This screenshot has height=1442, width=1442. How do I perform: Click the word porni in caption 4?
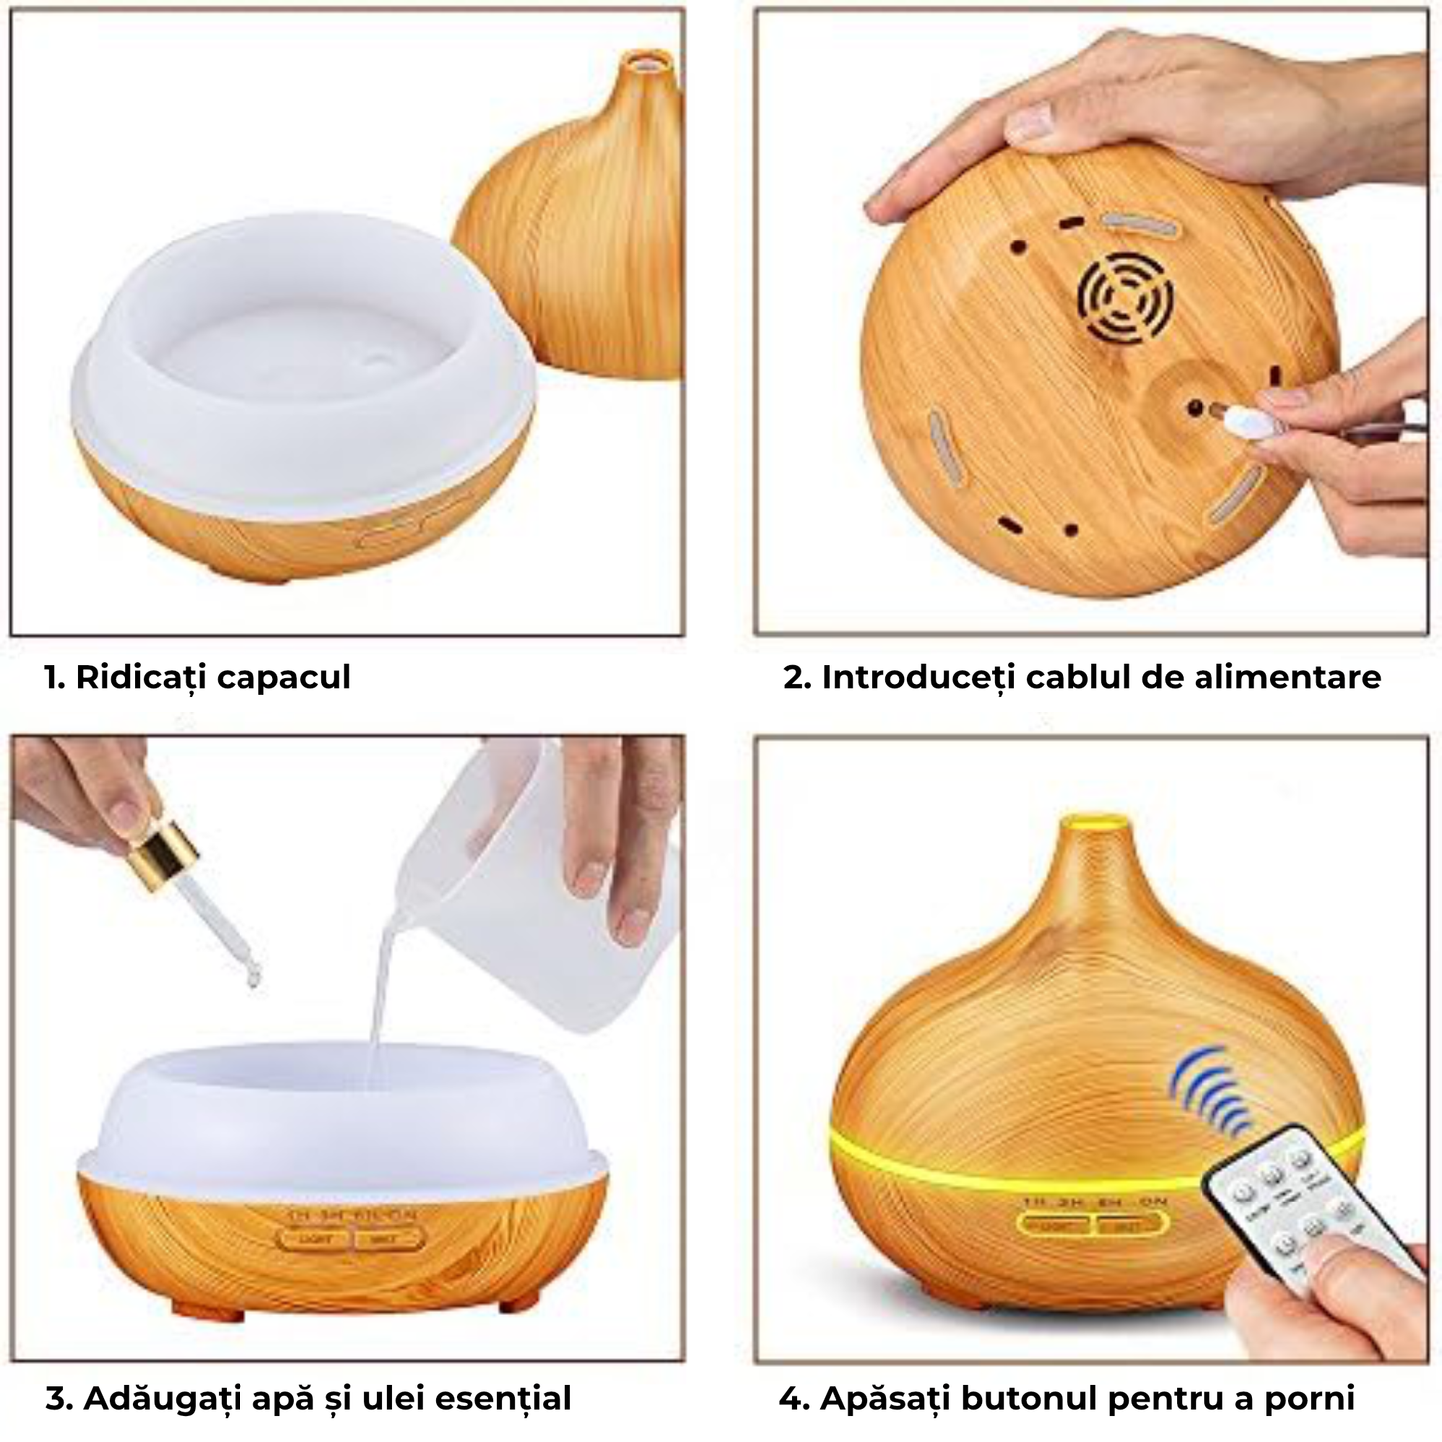tap(1309, 1398)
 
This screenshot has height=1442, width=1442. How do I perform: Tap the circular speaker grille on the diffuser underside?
tap(1124, 296)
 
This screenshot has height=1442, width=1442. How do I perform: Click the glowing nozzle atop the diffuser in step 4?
tap(1093, 825)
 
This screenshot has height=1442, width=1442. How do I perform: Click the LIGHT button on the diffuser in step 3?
tap(312, 1240)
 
